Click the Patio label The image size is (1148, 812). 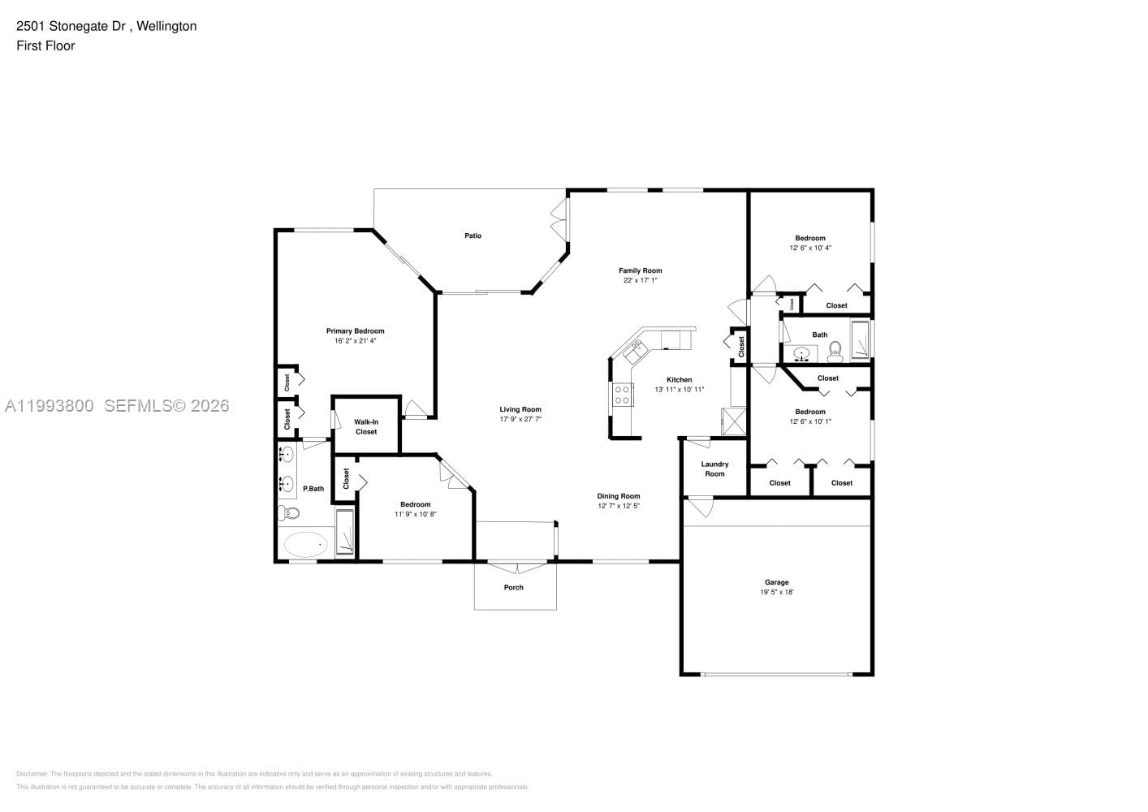(x=473, y=235)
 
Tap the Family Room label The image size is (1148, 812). (x=640, y=270)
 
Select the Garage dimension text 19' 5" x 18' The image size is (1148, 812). (x=776, y=592)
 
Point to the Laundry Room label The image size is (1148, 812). (x=714, y=469)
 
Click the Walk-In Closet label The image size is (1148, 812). (x=366, y=426)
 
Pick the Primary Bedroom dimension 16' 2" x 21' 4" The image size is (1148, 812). (x=355, y=341)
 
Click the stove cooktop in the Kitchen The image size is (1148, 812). (x=623, y=395)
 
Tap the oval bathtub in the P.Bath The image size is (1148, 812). (x=305, y=545)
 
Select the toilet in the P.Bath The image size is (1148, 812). (x=288, y=512)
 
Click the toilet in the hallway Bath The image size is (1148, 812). (x=835, y=352)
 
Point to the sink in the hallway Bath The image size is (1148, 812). (x=803, y=354)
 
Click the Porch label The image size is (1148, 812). (x=513, y=587)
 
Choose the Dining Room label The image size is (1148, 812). (x=619, y=496)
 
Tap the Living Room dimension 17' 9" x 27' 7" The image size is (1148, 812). (x=520, y=420)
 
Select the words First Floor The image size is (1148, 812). (x=45, y=45)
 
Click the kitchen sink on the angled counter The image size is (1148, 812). (x=633, y=351)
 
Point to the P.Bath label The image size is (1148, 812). (x=313, y=489)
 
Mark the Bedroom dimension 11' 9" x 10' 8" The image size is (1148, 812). (x=416, y=514)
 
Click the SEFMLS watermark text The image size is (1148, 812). (x=166, y=405)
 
